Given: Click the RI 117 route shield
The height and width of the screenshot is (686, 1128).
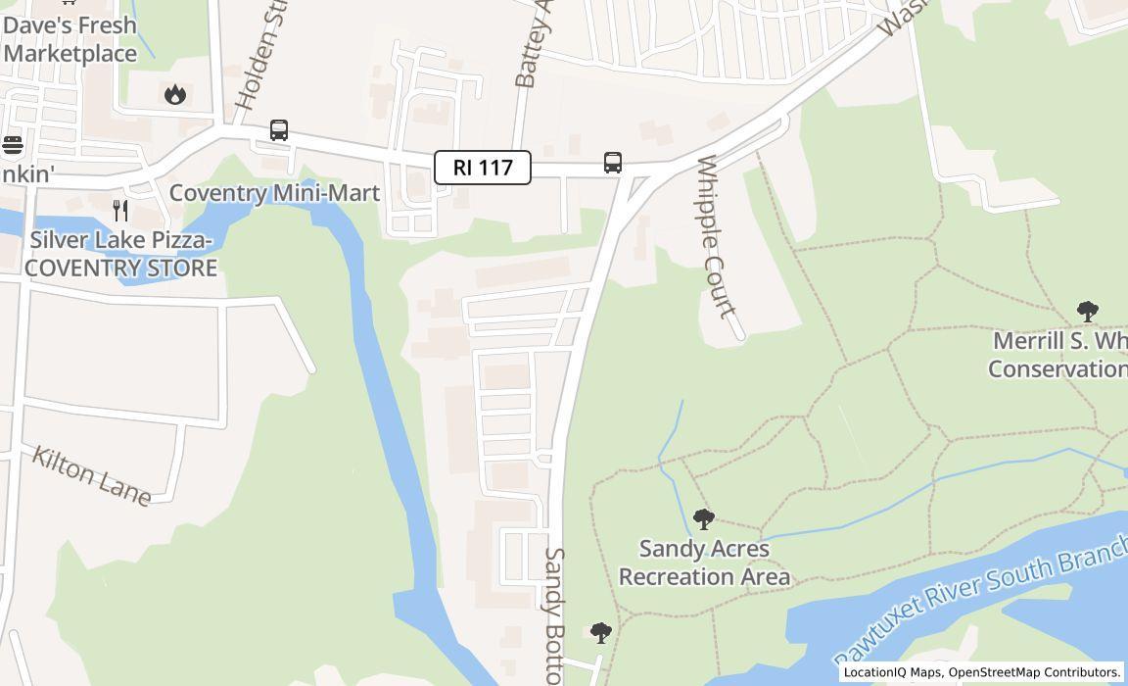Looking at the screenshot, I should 483,168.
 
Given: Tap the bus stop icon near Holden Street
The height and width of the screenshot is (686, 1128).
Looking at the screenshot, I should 279,130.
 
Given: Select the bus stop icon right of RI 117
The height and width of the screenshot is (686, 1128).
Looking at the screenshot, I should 613,163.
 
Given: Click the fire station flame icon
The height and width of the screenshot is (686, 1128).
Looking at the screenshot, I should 175,94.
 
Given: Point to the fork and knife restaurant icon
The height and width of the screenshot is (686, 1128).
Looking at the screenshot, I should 120,210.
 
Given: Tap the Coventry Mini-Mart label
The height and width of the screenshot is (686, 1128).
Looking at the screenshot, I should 274,193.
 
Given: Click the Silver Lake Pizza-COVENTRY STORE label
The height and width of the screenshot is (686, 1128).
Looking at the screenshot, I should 121,254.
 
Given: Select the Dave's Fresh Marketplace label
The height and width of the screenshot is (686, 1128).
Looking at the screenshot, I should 70,39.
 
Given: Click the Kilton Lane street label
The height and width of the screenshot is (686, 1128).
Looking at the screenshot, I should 91,475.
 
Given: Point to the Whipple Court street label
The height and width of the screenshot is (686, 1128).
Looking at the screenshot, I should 716,236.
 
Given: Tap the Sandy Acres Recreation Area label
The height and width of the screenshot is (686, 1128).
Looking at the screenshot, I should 704,563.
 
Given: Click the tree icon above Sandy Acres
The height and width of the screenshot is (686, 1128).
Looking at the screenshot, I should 703,519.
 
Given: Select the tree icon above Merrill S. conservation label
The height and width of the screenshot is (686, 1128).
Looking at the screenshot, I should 1087,312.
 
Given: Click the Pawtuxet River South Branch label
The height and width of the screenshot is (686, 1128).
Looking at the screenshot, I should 979,608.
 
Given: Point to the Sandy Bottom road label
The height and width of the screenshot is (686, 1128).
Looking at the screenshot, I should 553,612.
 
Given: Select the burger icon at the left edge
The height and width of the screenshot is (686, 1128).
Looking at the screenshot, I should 12,145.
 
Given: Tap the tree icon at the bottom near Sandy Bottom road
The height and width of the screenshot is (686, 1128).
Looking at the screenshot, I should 601,633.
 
